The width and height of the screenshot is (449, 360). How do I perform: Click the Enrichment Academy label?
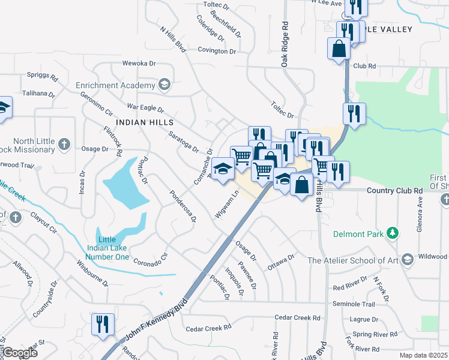pyautogui.click(x=116, y=85)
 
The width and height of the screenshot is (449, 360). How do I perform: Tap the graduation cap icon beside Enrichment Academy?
pyautogui.click(x=163, y=85)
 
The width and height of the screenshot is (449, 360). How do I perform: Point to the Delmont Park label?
pyautogui.click(x=358, y=233)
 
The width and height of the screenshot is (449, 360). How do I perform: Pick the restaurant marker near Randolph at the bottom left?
pyautogui.click(x=102, y=325)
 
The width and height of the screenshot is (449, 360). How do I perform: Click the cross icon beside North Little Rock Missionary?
pyautogui.click(x=65, y=144)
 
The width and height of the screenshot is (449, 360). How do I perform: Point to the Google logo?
pyautogui.click(x=19, y=353)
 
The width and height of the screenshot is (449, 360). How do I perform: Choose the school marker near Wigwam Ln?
pyautogui.click(x=223, y=170)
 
